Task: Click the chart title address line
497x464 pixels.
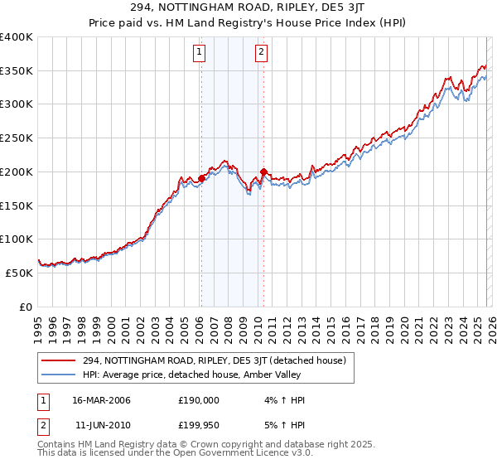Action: pos(248,7)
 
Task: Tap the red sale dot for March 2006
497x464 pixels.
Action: pos(201,178)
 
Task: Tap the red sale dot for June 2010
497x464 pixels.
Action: pos(263,172)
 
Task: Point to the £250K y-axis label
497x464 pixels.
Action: pos(16,138)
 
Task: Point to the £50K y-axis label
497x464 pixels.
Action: pos(18,273)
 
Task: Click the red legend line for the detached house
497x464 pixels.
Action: pos(59,360)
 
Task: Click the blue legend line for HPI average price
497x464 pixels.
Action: pos(59,374)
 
